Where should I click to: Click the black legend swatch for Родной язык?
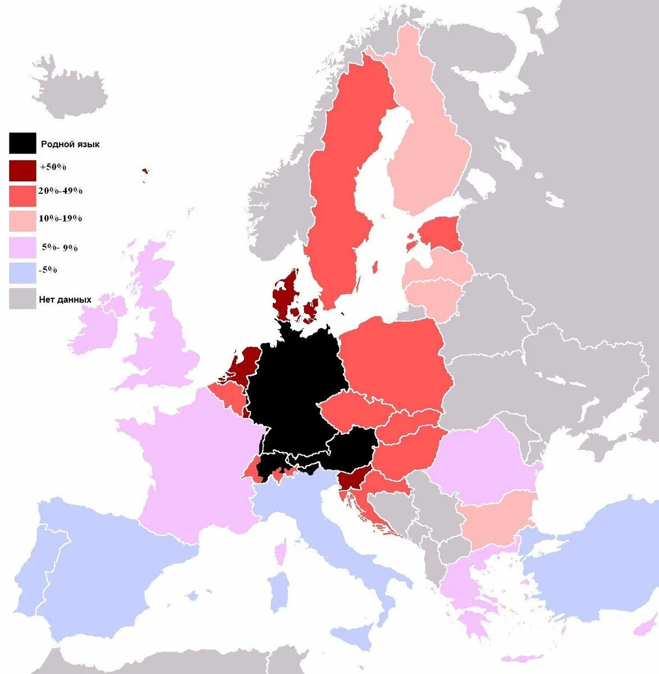click(22, 143)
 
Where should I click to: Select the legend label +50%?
click(53, 167)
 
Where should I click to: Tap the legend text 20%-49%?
click(60, 191)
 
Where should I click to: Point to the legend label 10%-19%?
click(60, 218)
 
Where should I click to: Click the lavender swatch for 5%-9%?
click(22, 248)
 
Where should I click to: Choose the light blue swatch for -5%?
click(22, 272)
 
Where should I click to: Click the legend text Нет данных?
click(65, 299)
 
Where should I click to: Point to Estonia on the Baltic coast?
click(441, 233)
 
